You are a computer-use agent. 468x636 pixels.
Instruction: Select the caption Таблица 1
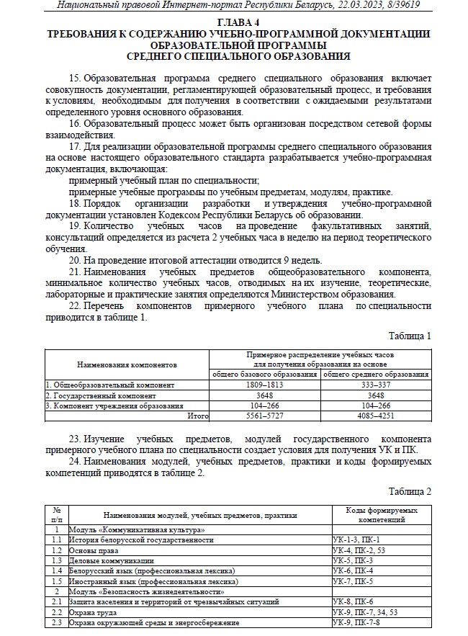point(410,336)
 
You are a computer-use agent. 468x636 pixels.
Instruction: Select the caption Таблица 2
point(410,491)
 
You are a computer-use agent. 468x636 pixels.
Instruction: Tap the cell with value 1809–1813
point(264,385)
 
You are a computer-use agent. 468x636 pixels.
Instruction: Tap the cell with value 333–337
point(375,385)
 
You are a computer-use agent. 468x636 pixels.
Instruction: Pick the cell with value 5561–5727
point(264,416)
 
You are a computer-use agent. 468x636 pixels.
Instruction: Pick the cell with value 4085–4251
point(375,416)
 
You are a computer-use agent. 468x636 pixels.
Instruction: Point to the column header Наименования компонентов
point(127,365)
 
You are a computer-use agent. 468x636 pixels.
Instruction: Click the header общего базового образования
point(264,375)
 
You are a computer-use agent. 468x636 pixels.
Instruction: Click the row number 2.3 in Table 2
point(55,622)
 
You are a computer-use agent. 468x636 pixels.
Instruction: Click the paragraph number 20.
point(75,260)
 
